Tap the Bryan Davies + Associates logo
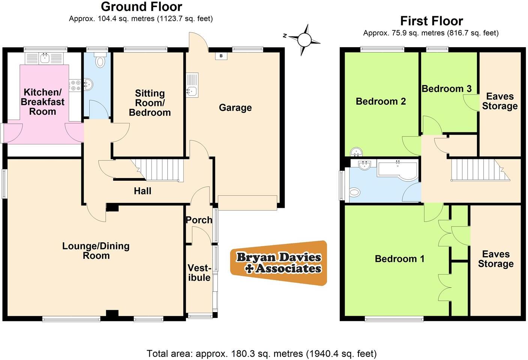pos(279,263)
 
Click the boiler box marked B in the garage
pos(221,56)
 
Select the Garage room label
pos(235,108)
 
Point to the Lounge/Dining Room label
pos(96,251)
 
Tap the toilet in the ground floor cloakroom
pos(100,61)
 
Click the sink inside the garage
pos(192,90)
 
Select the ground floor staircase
pos(157,169)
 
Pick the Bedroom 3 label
pos(446,89)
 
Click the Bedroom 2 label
pos(381,101)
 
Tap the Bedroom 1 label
pos(399,259)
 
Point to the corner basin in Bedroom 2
pos(356,152)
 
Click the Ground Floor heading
pos(141,7)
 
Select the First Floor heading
pos(431,21)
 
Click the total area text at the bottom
pos(261,353)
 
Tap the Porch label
pos(199,220)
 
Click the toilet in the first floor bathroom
pos(354,192)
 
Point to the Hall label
pos(142,191)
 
